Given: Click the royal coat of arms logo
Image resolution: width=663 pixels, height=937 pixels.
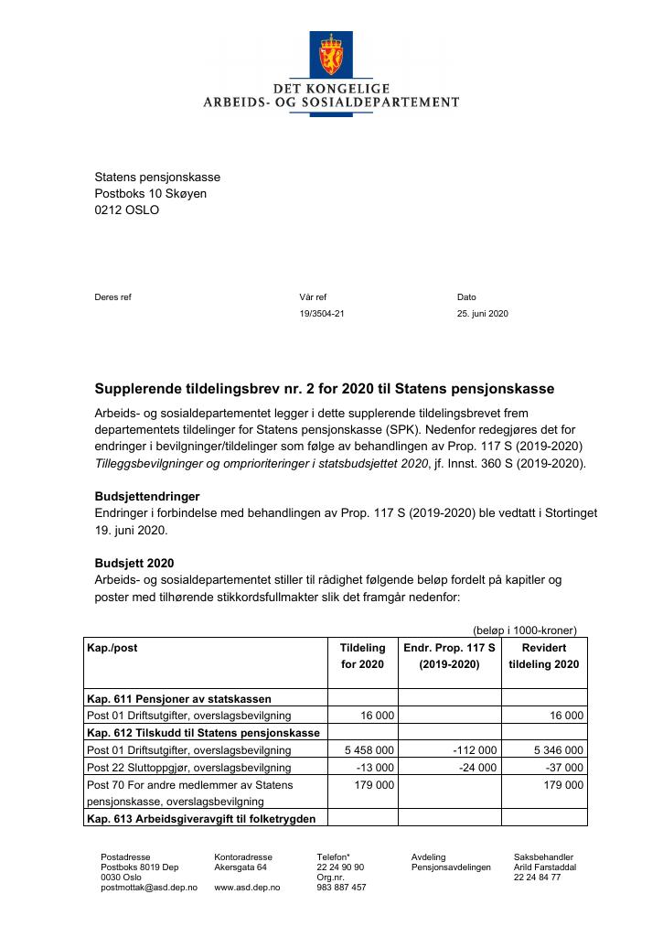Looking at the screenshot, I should (x=330, y=55).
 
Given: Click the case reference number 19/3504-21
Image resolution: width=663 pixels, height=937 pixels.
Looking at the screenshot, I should (x=322, y=314).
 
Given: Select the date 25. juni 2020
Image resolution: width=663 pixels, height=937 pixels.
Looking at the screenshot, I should (x=482, y=314).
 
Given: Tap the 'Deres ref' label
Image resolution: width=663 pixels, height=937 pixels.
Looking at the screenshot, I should (x=113, y=297).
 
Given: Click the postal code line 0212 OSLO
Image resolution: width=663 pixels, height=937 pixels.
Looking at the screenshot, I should (x=127, y=210).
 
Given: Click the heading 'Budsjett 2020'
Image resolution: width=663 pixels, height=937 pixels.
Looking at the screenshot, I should (x=134, y=563).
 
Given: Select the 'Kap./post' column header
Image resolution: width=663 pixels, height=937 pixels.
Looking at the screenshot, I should (x=112, y=648).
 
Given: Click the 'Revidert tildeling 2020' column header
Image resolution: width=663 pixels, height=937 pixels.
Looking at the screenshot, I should (x=543, y=656).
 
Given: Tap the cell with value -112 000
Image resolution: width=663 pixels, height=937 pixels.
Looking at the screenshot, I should (x=475, y=750).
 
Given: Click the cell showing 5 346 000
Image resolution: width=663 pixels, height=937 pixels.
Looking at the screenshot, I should (x=558, y=750).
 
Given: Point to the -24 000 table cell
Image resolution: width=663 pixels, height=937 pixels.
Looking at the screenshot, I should (x=477, y=768).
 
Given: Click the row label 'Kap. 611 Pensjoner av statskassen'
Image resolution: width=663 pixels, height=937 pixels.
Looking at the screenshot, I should (x=178, y=698).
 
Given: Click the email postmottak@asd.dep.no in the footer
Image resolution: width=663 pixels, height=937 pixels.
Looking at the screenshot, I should (x=148, y=888).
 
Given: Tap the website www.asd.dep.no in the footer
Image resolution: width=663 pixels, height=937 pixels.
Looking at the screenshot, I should (x=247, y=888).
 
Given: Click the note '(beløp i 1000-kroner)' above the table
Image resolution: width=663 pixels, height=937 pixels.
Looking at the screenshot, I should (x=524, y=630).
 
